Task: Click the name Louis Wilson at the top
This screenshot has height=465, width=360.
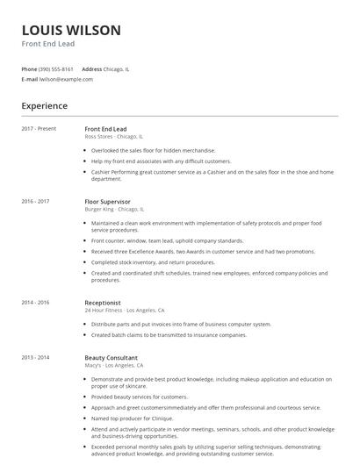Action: click(x=71, y=31)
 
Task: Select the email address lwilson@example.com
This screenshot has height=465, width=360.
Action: click(x=66, y=79)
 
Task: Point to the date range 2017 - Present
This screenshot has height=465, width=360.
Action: click(x=39, y=129)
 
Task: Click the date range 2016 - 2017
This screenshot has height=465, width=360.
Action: click(x=35, y=202)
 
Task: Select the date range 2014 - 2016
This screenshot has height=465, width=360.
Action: click(x=35, y=303)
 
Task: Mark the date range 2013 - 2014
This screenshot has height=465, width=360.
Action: click(x=35, y=358)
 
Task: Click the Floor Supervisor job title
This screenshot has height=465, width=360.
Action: click(x=107, y=202)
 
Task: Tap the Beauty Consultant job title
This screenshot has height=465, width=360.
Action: click(x=112, y=358)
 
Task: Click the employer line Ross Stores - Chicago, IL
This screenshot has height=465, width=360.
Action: click(x=113, y=137)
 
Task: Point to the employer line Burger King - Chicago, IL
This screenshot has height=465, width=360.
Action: click(x=113, y=210)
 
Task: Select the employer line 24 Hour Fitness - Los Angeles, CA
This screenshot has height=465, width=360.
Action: click(x=124, y=311)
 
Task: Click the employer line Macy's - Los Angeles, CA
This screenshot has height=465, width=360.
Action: click(x=118, y=366)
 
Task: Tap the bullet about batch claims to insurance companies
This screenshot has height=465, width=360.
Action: click(x=180, y=334)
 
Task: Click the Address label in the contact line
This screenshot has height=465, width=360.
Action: click(x=91, y=68)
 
